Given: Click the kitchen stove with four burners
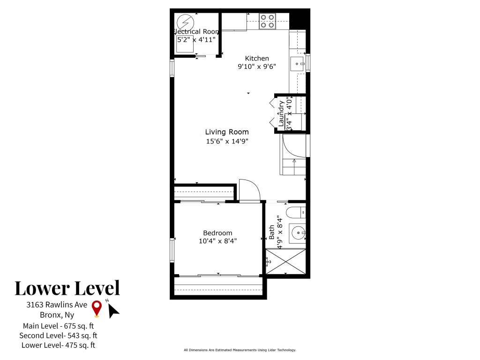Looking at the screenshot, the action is tap(267, 22).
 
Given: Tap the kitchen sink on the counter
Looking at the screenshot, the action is tap(297, 64).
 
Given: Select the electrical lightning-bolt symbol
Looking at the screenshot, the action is tap(185, 22).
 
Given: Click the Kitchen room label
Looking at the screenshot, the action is tap(257, 58).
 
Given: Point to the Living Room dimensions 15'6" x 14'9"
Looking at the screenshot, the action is tap(227, 141).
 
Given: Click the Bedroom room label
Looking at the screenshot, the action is tap(217, 232).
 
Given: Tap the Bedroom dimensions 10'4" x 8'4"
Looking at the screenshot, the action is tap(217, 241).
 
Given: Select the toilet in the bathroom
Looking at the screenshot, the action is tap(296, 212).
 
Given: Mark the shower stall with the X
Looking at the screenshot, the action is tap(285, 262).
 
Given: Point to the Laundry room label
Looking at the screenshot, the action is tap(281, 113).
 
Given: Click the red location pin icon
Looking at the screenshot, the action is tap(97, 308).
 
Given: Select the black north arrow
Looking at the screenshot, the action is tap(113, 311).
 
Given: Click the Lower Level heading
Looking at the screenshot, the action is tap(67, 288).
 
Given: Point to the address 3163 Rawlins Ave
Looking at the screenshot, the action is tap(57, 305).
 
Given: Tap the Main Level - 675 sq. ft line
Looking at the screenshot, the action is tap(58, 326).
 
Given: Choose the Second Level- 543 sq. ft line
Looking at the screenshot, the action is tap(58, 336).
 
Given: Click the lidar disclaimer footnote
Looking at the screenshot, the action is tap(240, 350).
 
